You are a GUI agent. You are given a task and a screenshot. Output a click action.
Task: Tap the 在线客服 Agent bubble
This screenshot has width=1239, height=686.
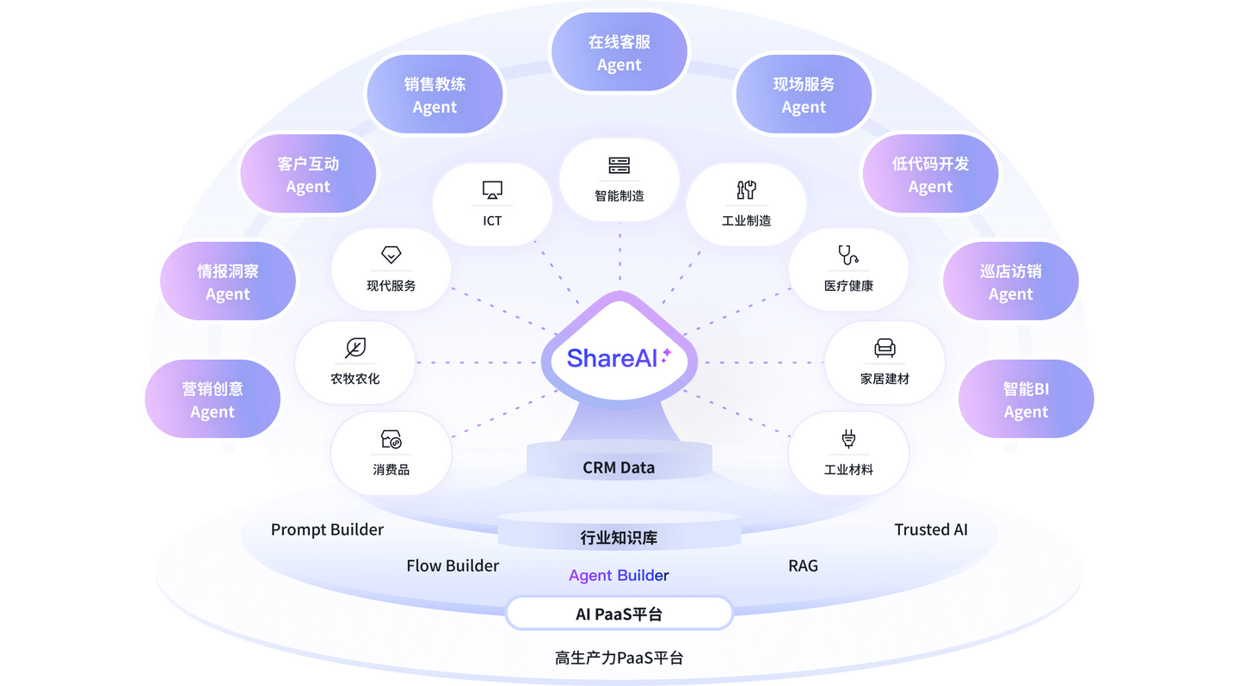pos(619,53)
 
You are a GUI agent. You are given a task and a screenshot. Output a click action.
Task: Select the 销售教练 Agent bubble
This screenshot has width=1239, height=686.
pos(435,95)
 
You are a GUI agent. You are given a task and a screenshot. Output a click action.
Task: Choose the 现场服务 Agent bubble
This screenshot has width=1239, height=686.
pos(804,95)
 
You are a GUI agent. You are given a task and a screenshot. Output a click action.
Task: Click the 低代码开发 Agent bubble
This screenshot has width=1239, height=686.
pos(930,175)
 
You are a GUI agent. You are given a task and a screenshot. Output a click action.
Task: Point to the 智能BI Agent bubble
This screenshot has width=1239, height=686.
pos(1026,399)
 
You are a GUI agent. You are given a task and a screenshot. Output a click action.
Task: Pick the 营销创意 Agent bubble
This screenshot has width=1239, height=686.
pos(213,399)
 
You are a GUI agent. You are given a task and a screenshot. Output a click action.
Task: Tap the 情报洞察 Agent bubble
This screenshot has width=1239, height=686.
pos(228,281)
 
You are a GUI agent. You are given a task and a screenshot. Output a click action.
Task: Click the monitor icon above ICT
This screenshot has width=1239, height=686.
pos(492,190)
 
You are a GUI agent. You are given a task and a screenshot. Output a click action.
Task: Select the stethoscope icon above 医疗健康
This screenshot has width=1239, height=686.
pos(848,255)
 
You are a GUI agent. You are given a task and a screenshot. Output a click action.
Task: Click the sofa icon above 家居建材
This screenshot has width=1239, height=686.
pos(885,348)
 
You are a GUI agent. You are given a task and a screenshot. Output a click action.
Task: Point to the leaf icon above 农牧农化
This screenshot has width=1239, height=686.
pos(354,348)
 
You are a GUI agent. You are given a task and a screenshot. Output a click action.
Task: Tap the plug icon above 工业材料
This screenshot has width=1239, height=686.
pos(848,440)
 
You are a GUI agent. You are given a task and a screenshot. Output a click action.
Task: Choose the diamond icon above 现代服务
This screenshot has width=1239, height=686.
pos(391,255)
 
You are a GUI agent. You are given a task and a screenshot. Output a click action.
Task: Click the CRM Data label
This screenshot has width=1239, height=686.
pos(619,467)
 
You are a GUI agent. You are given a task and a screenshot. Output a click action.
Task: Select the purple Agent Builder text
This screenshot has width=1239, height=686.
pos(619,575)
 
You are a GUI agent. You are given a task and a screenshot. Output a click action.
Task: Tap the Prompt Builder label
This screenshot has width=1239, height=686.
pos(327,529)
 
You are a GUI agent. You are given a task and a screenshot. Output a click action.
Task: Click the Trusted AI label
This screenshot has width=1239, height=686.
pos(931,529)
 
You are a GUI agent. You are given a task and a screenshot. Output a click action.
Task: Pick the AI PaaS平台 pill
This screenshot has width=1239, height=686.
pos(619,614)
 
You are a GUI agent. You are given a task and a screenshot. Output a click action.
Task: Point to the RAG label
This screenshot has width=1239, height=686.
pos(803,565)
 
